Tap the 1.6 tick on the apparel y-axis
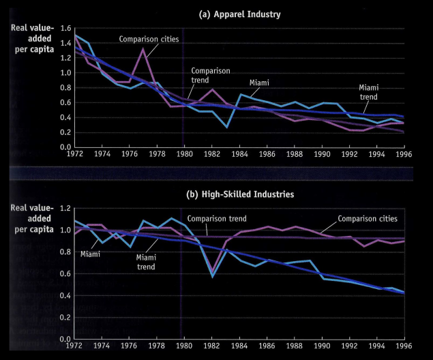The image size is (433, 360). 65,28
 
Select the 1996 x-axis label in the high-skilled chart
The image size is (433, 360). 404,346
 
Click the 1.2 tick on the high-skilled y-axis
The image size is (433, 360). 65,208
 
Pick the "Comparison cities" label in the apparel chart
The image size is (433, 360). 149,39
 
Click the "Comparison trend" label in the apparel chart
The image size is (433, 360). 210,74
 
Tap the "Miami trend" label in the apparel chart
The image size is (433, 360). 369,92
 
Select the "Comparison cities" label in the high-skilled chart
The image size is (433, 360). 368,218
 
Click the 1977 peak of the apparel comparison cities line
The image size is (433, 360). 143,48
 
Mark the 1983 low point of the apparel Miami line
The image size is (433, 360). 227,127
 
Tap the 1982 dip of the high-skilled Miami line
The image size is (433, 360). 212,277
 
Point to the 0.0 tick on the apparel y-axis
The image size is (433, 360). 65,147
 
